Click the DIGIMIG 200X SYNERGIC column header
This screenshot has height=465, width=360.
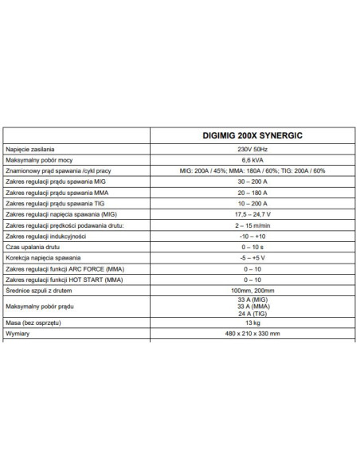[252, 135]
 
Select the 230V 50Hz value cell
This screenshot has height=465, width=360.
[252, 150]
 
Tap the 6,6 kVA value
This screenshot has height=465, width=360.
[252, 160]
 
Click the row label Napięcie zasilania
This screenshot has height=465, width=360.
[30, 150]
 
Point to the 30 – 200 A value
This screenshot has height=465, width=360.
[252, 182]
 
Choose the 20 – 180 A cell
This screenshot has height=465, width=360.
[252, 193]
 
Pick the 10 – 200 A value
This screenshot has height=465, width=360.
[252, 204]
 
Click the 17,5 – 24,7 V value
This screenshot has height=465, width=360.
[252, 215]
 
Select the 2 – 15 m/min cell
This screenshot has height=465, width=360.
[252, 225]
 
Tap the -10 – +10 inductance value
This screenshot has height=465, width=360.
[252, 236]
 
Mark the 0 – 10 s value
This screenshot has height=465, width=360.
[252, 248]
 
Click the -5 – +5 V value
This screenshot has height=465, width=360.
[252, 259]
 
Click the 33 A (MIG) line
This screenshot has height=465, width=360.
[252, 299]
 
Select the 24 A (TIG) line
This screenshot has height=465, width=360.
[252, 314]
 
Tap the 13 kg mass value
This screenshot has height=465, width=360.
[252, 325]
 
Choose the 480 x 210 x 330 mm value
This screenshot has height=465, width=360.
[252, 336]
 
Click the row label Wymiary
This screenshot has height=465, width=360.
[18, 336]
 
